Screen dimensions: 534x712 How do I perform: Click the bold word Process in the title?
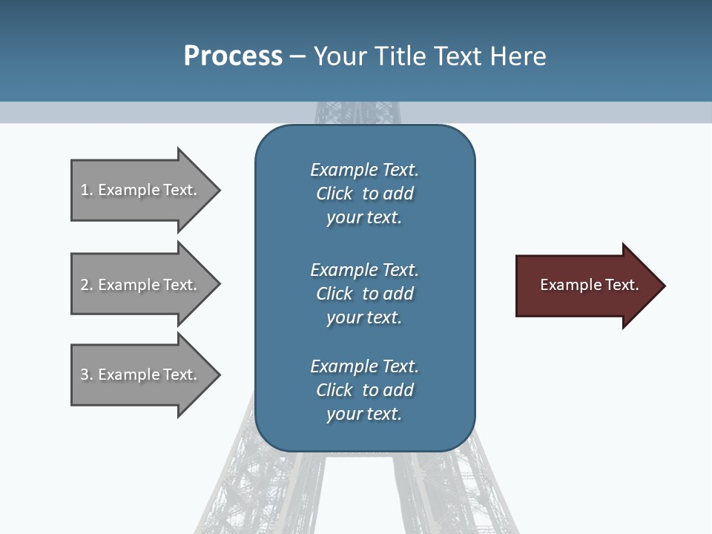tap(233, 56)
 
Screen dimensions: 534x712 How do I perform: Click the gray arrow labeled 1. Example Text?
tap(141, 190)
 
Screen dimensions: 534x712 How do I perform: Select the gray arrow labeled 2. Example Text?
tap(141, 285)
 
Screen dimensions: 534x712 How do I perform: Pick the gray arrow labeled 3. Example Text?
tap(141, 375)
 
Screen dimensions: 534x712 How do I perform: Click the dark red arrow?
tap(586, 286)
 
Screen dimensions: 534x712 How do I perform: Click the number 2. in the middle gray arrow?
tap(87, 285)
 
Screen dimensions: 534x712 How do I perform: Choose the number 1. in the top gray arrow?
tap(87, 190)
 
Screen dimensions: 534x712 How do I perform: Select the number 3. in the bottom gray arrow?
tap(87, 375)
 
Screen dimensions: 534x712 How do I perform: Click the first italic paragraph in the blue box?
tap(364, 194)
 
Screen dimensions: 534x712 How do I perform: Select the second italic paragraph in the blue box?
tap(364, 293)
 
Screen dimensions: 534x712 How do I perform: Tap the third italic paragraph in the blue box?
tap(364, 390)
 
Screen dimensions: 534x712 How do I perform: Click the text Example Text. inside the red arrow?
tap(589, 285)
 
